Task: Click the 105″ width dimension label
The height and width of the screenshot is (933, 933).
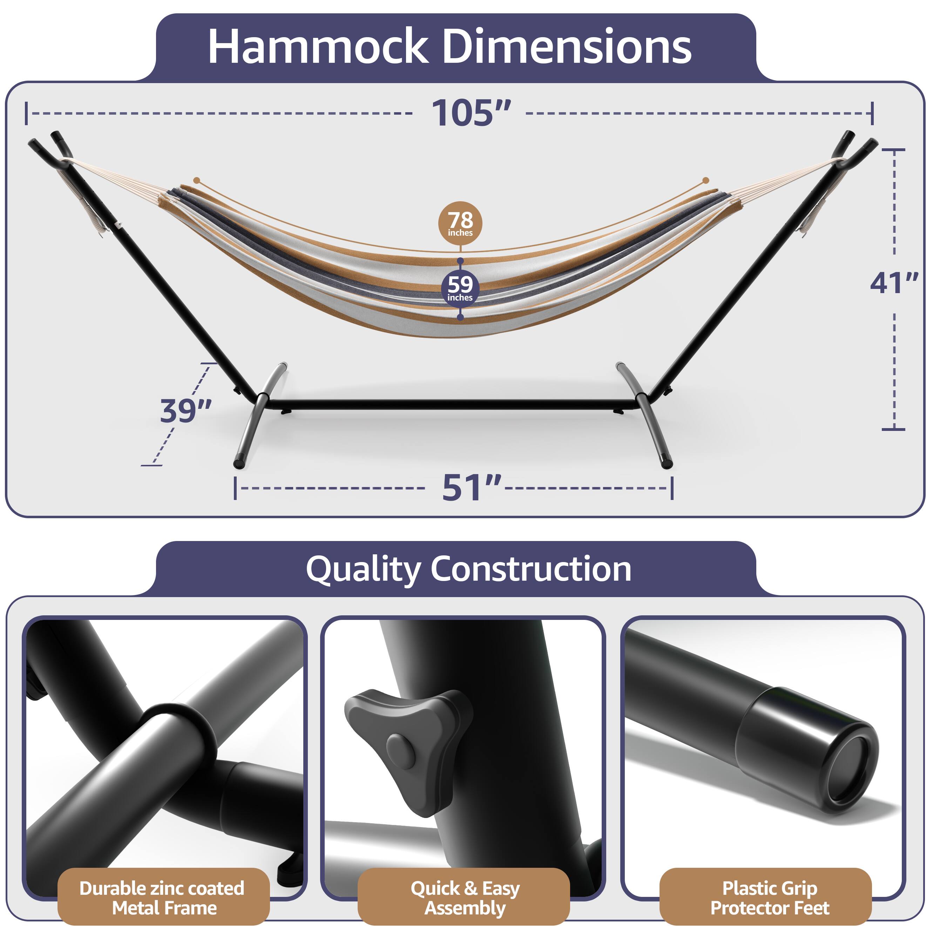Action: [x=471, y=114]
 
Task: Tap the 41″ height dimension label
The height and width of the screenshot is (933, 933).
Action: [x=894, y=283]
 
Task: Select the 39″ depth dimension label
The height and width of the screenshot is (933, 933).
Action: [x=186, y=411]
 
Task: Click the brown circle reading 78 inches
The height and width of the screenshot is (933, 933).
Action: [x=460, y=223]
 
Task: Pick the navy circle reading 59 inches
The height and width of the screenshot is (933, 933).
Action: [x=460, y=288]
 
